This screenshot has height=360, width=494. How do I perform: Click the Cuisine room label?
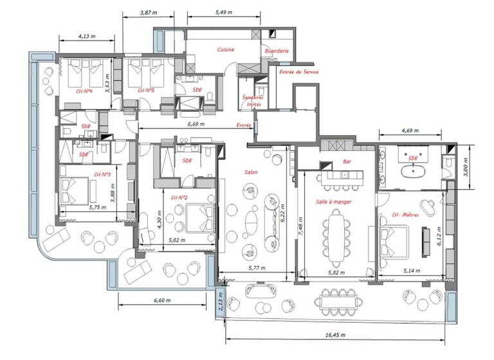[226, 50]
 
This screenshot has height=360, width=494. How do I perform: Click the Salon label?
[252, 172]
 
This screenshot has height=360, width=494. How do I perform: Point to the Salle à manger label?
[333, 202]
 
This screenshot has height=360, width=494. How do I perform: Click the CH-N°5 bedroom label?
[145, 91]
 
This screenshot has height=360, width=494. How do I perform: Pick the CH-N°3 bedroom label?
[103, 174]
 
